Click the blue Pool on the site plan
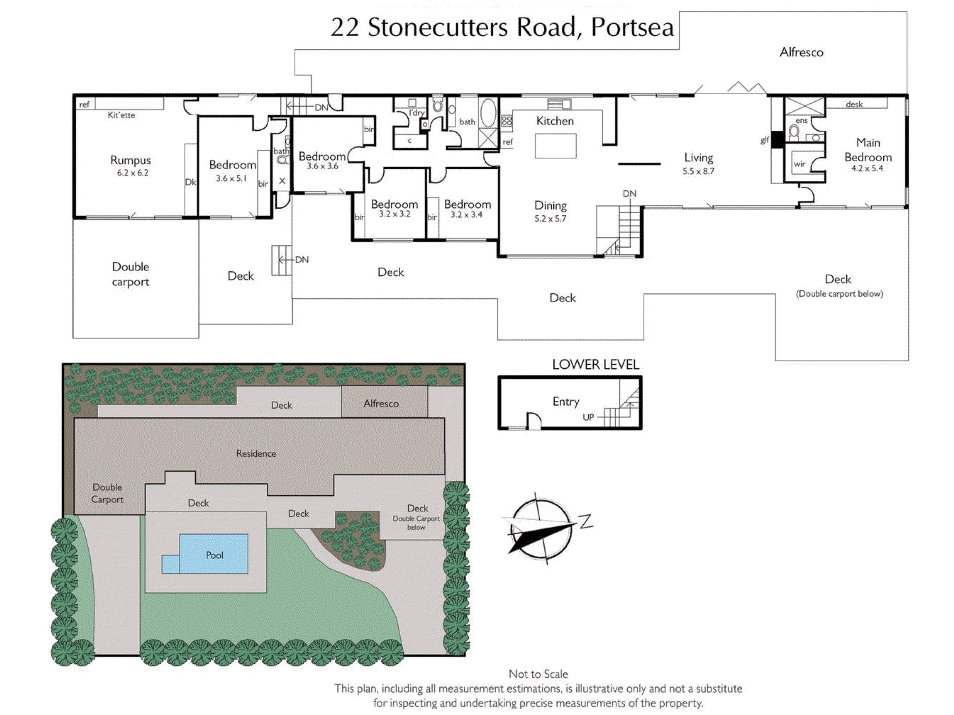coord(214,554)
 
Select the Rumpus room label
coord(131,160)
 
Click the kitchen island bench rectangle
coord(555,146)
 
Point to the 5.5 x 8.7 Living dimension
coord(698,171)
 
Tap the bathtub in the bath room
coord(488,113)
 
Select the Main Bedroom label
coord(868,150)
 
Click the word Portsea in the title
coord(632,27)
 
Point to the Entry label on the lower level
coord(566,402)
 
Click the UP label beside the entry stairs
coord(588,417)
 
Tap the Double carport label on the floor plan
coord(130,274)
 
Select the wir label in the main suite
coord(799,164)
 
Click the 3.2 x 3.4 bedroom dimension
coord(466,214)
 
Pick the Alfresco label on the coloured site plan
coord(381,404)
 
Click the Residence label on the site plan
coord(256,453)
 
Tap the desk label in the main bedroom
coord(854,104)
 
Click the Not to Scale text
coord(538,674)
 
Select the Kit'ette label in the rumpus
coord(121,115)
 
